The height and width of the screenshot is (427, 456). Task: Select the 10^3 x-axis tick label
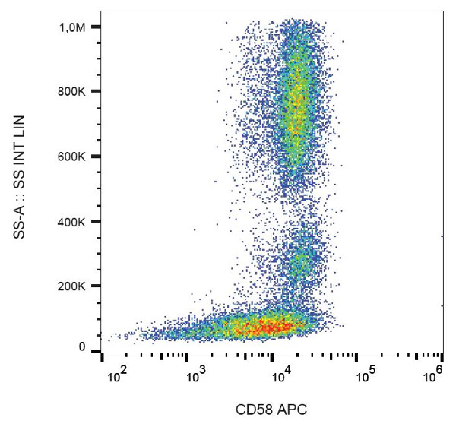198,374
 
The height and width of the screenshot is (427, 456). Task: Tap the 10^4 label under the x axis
279,374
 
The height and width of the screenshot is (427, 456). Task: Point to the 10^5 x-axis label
360,374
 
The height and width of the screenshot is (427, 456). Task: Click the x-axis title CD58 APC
272,410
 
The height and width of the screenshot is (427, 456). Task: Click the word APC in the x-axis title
293,410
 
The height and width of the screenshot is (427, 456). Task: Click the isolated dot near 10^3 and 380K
195,229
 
